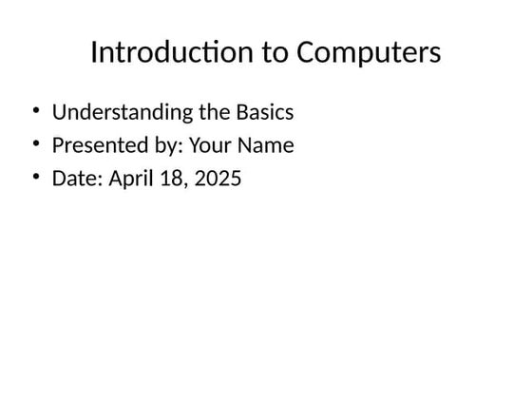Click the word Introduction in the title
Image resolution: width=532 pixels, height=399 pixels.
[x=173, y=53]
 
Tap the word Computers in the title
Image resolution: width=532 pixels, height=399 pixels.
[x=369, y=53]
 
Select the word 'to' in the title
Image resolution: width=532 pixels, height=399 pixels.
[x=275, y=53]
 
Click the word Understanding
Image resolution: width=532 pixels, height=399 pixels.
[x=122, y=112]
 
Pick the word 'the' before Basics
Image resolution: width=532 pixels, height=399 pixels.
[x=214, y=112]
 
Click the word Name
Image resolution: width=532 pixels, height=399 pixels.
[x=267, y=145]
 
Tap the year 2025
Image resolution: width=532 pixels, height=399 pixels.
[x=218, y=178]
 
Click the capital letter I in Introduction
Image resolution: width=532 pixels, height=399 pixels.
[x=94, y=53]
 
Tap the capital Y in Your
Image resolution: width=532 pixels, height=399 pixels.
[x=194, y=145]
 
